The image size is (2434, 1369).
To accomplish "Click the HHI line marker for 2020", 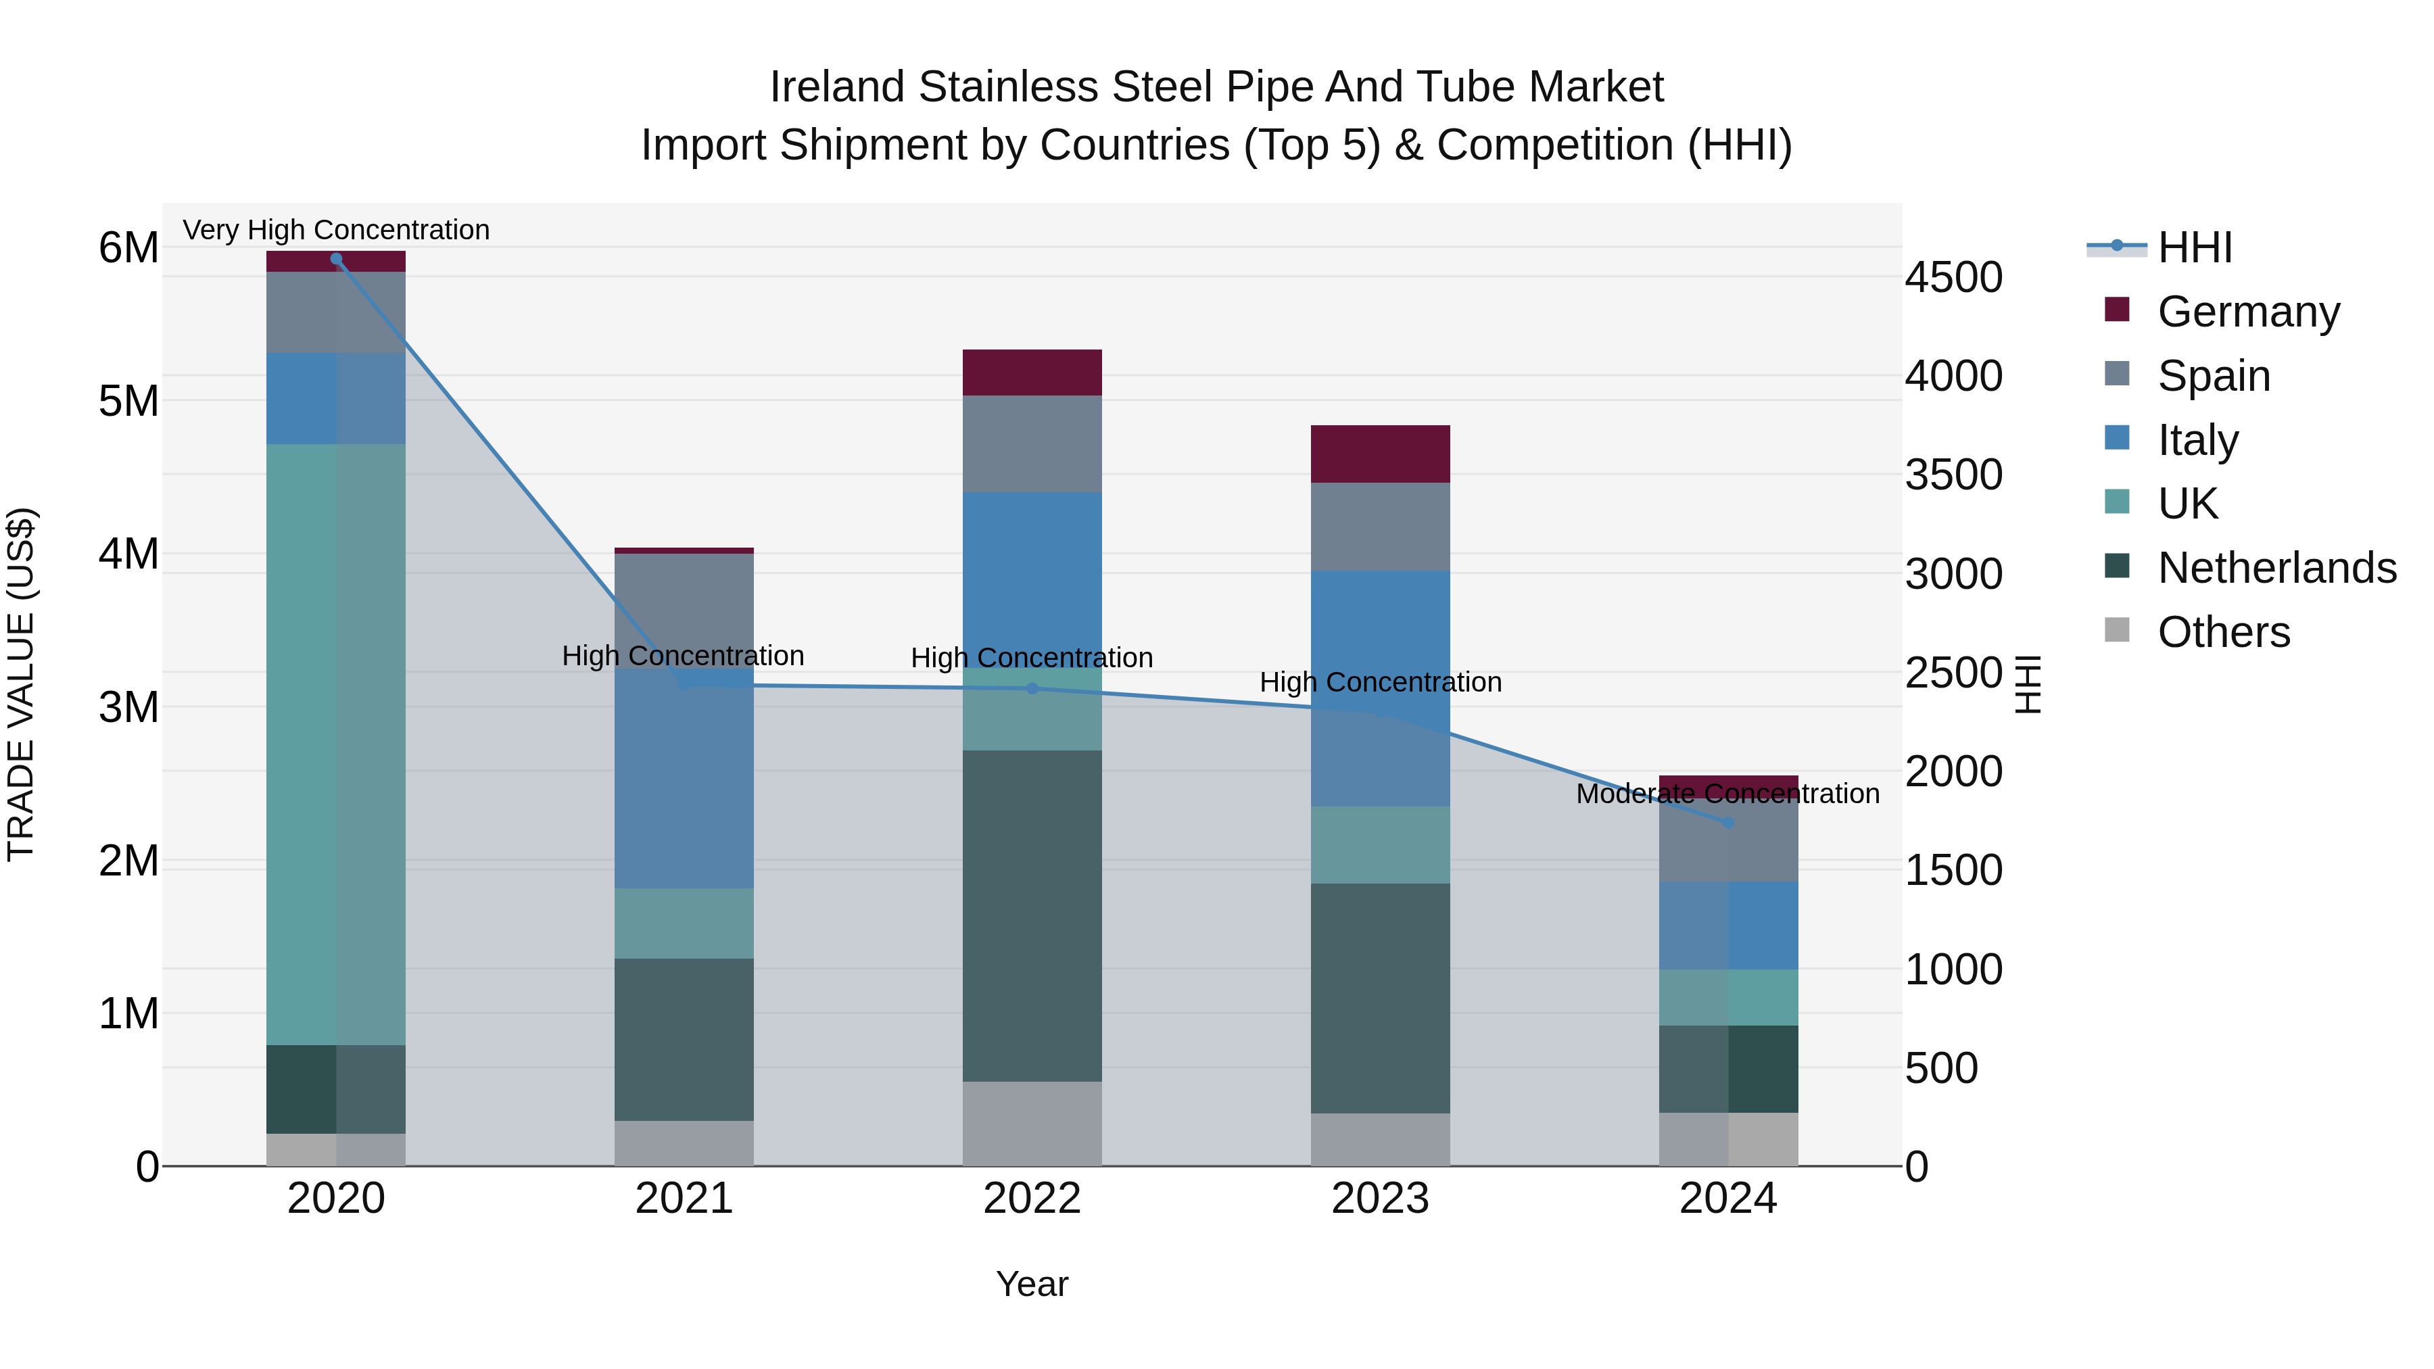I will [x=337, y=259].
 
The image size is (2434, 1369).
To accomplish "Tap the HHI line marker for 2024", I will [x=1728, y=823].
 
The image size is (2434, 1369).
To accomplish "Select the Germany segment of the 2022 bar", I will [x=1032, y=373].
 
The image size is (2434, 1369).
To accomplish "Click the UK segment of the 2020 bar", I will [x=337, y=744].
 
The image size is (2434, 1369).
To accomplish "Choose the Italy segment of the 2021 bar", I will [x=684, y=779].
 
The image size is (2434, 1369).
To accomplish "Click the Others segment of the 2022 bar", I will [x=1032, y=1124].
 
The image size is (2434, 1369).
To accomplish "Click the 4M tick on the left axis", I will [x=128, y=554].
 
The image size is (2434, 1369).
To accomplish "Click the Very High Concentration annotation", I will [x=337, y=230].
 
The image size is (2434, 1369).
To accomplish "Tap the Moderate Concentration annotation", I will [x=1727, y=794].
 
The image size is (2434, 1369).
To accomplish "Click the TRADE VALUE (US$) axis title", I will [x=21, y=684].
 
